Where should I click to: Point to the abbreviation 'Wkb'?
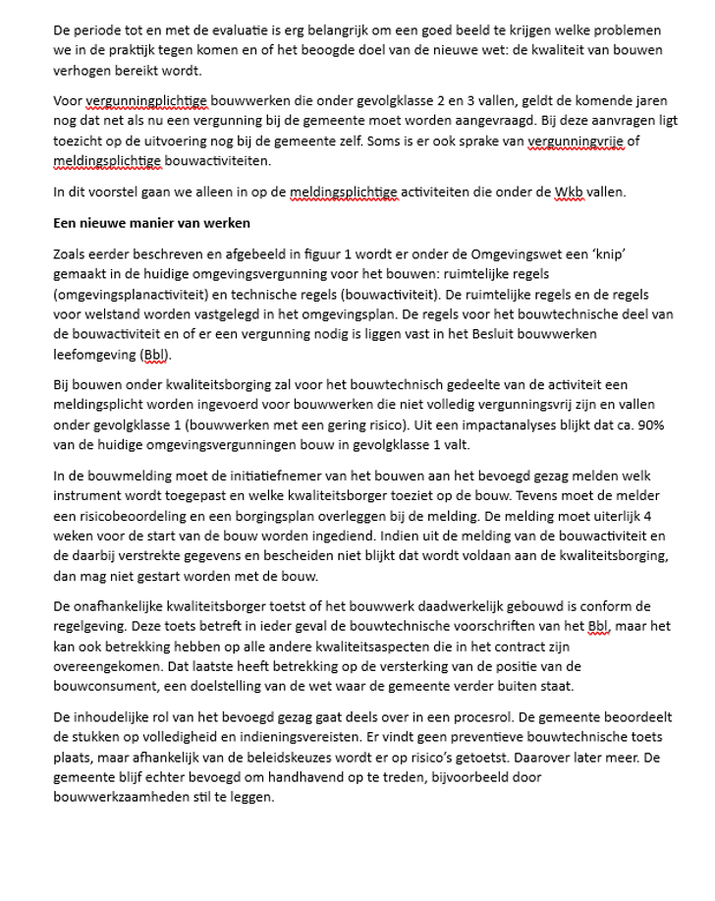pos(570,193)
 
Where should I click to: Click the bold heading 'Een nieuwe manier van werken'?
pos(151,223)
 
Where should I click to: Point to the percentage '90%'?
pos(647,425)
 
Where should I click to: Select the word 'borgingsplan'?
pos(274,516)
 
